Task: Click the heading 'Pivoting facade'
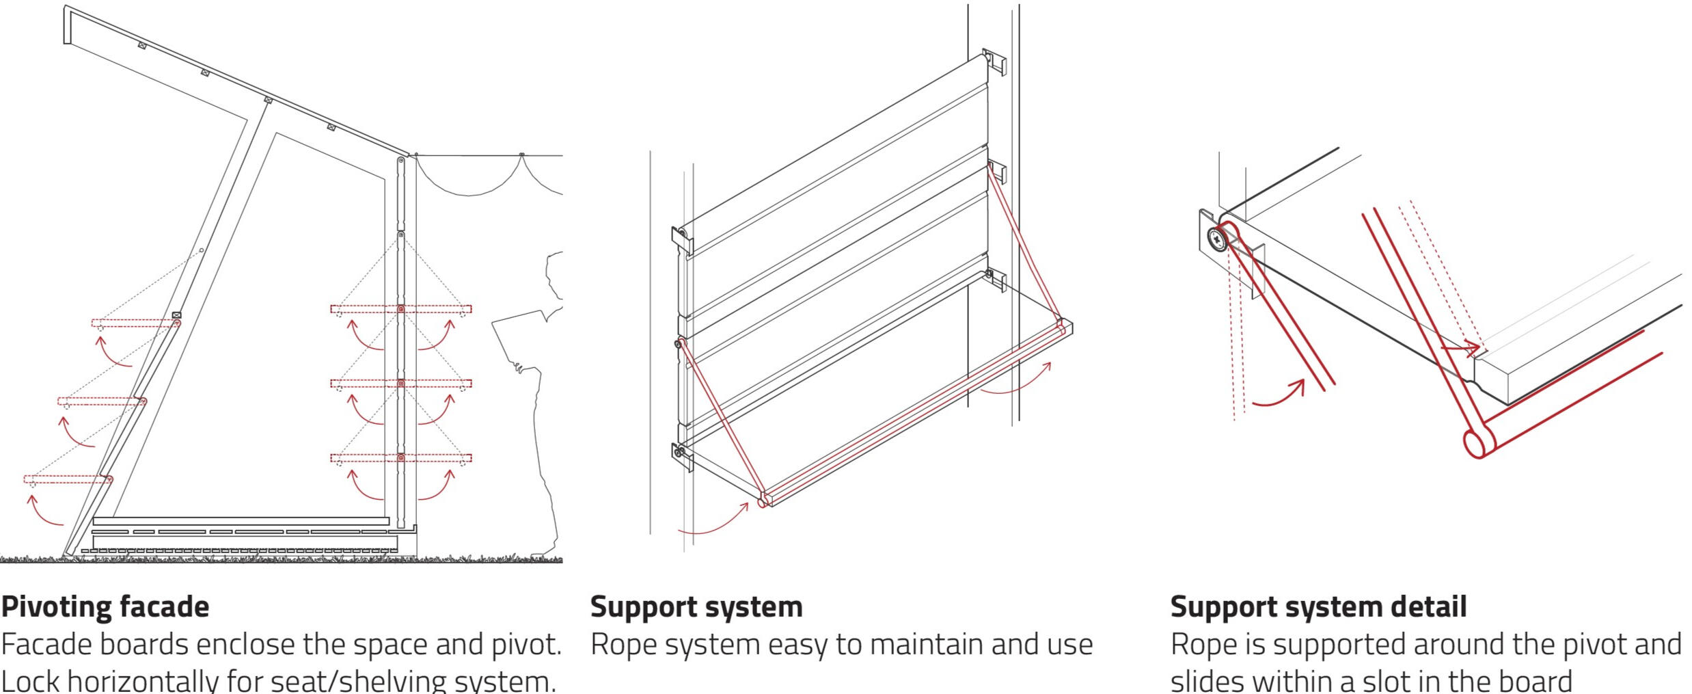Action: pyautogui.click(x=105, y=606)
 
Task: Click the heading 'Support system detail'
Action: pyautogui.click(x=1318, y=606)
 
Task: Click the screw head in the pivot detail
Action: pyautogui.click(x=1217, y=239)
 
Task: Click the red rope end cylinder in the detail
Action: pyautogui.click(x=1475, y=443)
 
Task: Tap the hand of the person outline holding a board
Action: pyautogui.click(x=519, y=370)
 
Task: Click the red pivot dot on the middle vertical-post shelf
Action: pyautogui.click(x=401, y=384)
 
